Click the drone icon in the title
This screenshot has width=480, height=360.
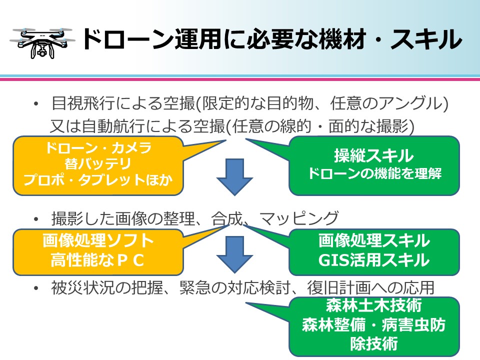tap(42, 42)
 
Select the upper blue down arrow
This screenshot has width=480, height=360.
tap(234, 177)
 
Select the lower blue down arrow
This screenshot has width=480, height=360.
tap(234, 254)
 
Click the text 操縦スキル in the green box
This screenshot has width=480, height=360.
tap(374, 155)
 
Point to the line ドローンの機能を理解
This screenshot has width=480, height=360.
tap(374, 173)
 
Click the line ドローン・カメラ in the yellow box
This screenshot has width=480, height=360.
tap(98, 148)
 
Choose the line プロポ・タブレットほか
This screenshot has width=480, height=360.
tap(98, 179)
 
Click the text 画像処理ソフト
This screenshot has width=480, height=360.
tap(98, 240)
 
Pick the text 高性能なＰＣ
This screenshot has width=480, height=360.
tap(97, 260)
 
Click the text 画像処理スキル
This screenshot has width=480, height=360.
tap(374, 240)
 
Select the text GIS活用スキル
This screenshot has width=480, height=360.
tap(374, 260)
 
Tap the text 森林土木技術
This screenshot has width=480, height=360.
tap(374, 305)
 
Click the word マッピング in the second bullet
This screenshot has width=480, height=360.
tap(299, 218)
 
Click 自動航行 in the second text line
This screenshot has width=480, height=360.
tap(113, 126)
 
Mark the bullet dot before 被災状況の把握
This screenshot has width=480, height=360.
tap(36, 288)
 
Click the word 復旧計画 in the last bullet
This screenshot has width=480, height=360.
tap(339, 288)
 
